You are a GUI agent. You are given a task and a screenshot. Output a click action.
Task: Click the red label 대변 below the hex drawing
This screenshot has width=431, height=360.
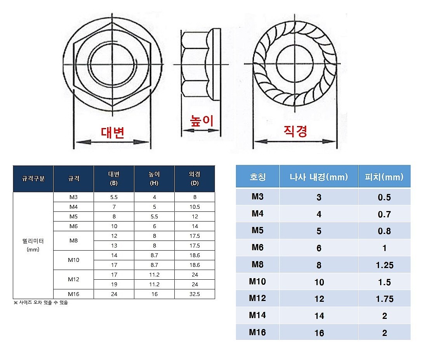click(113, 133)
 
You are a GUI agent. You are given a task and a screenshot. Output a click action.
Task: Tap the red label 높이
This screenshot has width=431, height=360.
click(202, 121)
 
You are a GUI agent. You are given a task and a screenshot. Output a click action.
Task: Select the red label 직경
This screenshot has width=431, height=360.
click(295, 131)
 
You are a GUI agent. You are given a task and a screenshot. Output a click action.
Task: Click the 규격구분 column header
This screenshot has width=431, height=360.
click(33, 179)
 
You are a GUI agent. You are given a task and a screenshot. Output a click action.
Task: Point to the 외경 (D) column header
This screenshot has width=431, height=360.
click(195, 179)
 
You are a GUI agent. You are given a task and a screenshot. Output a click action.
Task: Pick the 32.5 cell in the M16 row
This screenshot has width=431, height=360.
click(195, 294)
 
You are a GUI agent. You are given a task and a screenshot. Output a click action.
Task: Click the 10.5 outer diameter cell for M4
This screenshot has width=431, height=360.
click(195, 207)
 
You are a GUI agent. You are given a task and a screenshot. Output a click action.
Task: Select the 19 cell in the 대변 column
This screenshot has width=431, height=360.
click(114, 284)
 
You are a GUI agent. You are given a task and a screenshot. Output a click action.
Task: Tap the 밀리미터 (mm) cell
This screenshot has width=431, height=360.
click(33, 245)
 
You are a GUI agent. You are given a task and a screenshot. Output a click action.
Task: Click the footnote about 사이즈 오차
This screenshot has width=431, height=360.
click(41, 303)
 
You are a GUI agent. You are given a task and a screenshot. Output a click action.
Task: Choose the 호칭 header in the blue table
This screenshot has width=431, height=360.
click(257, 177)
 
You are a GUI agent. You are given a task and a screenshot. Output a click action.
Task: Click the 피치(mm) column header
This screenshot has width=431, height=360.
click(384, 177)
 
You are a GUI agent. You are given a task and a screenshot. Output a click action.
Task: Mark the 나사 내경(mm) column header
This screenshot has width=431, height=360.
click(319, 177)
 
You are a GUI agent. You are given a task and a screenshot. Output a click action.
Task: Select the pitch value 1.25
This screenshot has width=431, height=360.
click(384, 265)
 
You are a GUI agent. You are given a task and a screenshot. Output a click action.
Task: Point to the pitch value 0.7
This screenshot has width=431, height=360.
click(384, 215)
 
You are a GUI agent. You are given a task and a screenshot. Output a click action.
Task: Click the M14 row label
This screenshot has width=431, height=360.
click(257, 315)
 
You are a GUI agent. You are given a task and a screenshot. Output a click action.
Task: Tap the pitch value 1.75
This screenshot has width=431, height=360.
click(384, 299)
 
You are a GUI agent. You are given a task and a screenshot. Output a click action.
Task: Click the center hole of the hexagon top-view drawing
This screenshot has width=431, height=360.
click(113, 64)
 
